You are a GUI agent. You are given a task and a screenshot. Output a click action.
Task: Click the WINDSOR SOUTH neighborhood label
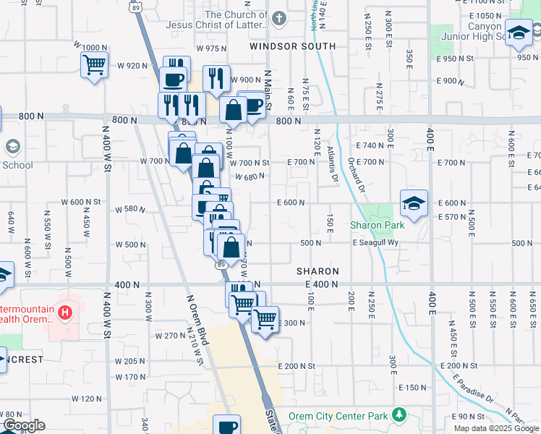[292, 46]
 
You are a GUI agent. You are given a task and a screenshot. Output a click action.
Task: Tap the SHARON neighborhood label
[318, 271]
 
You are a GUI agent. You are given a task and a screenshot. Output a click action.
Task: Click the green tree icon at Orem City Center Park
[398, 415]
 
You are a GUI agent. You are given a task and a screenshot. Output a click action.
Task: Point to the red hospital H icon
[65, 312]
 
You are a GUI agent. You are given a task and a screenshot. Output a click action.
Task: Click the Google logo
[23, 425]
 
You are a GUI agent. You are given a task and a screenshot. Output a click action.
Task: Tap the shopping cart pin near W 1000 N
[94, 65]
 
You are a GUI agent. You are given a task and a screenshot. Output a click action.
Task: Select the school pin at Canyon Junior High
[519, 33]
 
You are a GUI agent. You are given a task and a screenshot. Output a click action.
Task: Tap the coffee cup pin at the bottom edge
[228, 425]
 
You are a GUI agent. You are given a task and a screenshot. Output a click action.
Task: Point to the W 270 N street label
[171, 336]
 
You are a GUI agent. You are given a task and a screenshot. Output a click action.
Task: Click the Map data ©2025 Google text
[495, 428]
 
